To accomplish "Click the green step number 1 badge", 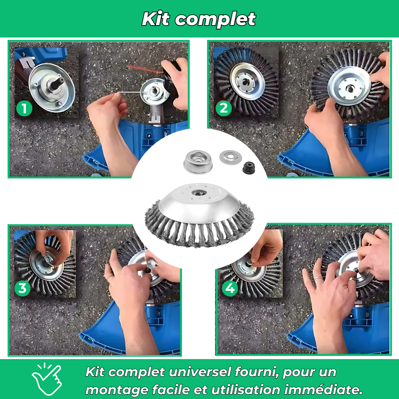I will pos(24,109).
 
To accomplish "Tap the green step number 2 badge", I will pos(223,109).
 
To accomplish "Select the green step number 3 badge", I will pos(22,288).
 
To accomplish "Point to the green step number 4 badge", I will pos(230,288).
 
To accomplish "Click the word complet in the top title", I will pos(215,19).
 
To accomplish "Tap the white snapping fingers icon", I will pos(47,379).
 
